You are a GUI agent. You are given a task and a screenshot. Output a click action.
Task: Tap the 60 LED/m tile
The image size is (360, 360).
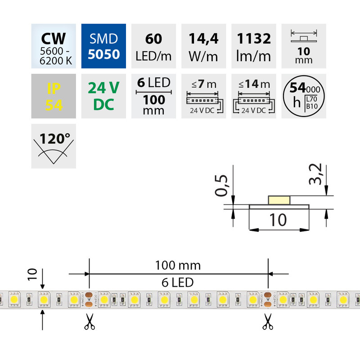click(x=154, y=46)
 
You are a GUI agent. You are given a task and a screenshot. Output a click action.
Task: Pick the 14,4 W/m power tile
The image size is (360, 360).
click(x=204, y=46)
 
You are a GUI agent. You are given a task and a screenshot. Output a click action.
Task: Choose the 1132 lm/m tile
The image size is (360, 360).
click(x=253, y=46)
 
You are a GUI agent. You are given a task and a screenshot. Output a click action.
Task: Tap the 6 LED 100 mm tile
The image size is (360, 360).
click(x=154, y=96)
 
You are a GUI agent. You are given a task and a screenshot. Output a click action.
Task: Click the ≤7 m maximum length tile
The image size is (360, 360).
click(x=204, y=96)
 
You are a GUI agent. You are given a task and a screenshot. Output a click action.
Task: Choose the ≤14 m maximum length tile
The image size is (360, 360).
click(x=253, y=96)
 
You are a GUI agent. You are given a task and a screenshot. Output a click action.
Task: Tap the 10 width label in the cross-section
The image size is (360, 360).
click(x=279, y=220)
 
